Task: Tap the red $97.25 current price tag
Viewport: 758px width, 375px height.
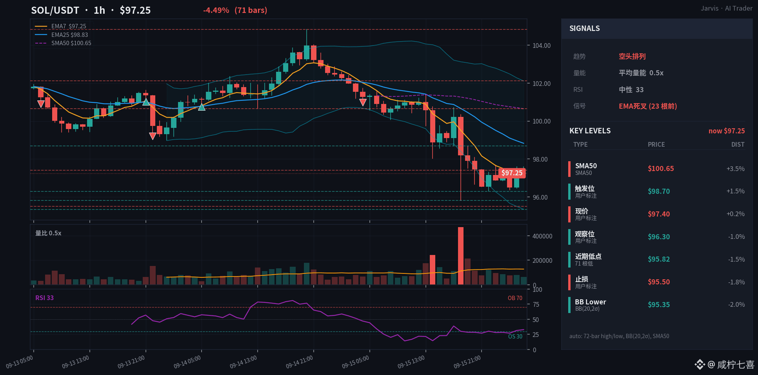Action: coord(512,173)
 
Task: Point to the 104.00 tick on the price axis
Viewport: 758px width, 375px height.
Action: coord(542,46)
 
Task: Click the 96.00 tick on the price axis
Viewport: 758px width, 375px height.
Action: coord(540,197)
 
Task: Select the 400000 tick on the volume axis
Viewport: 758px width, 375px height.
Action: coord(542,236)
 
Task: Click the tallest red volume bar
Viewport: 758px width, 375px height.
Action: coord(461,256)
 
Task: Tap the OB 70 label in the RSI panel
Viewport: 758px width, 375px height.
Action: coord(515,298)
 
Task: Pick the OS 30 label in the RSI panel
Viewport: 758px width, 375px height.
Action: coord(515,337)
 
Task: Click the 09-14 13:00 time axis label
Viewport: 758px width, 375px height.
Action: coord(243,362)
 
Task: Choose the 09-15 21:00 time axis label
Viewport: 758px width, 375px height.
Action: coord(467,362)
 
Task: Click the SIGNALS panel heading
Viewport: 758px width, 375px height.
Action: coord(585,28)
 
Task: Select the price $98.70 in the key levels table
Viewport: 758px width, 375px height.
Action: coord(659,191)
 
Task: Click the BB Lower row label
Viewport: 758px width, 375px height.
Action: coord(591,302)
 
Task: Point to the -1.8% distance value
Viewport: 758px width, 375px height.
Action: coord(736,282)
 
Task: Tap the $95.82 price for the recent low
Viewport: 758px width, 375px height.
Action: coord(659,259)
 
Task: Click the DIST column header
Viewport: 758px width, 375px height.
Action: coord(738,144)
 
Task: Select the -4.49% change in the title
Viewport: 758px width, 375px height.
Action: coord(216,10)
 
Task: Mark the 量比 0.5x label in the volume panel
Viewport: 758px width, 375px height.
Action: coord(48,233)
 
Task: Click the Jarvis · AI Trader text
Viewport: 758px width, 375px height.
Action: coord(727,8)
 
